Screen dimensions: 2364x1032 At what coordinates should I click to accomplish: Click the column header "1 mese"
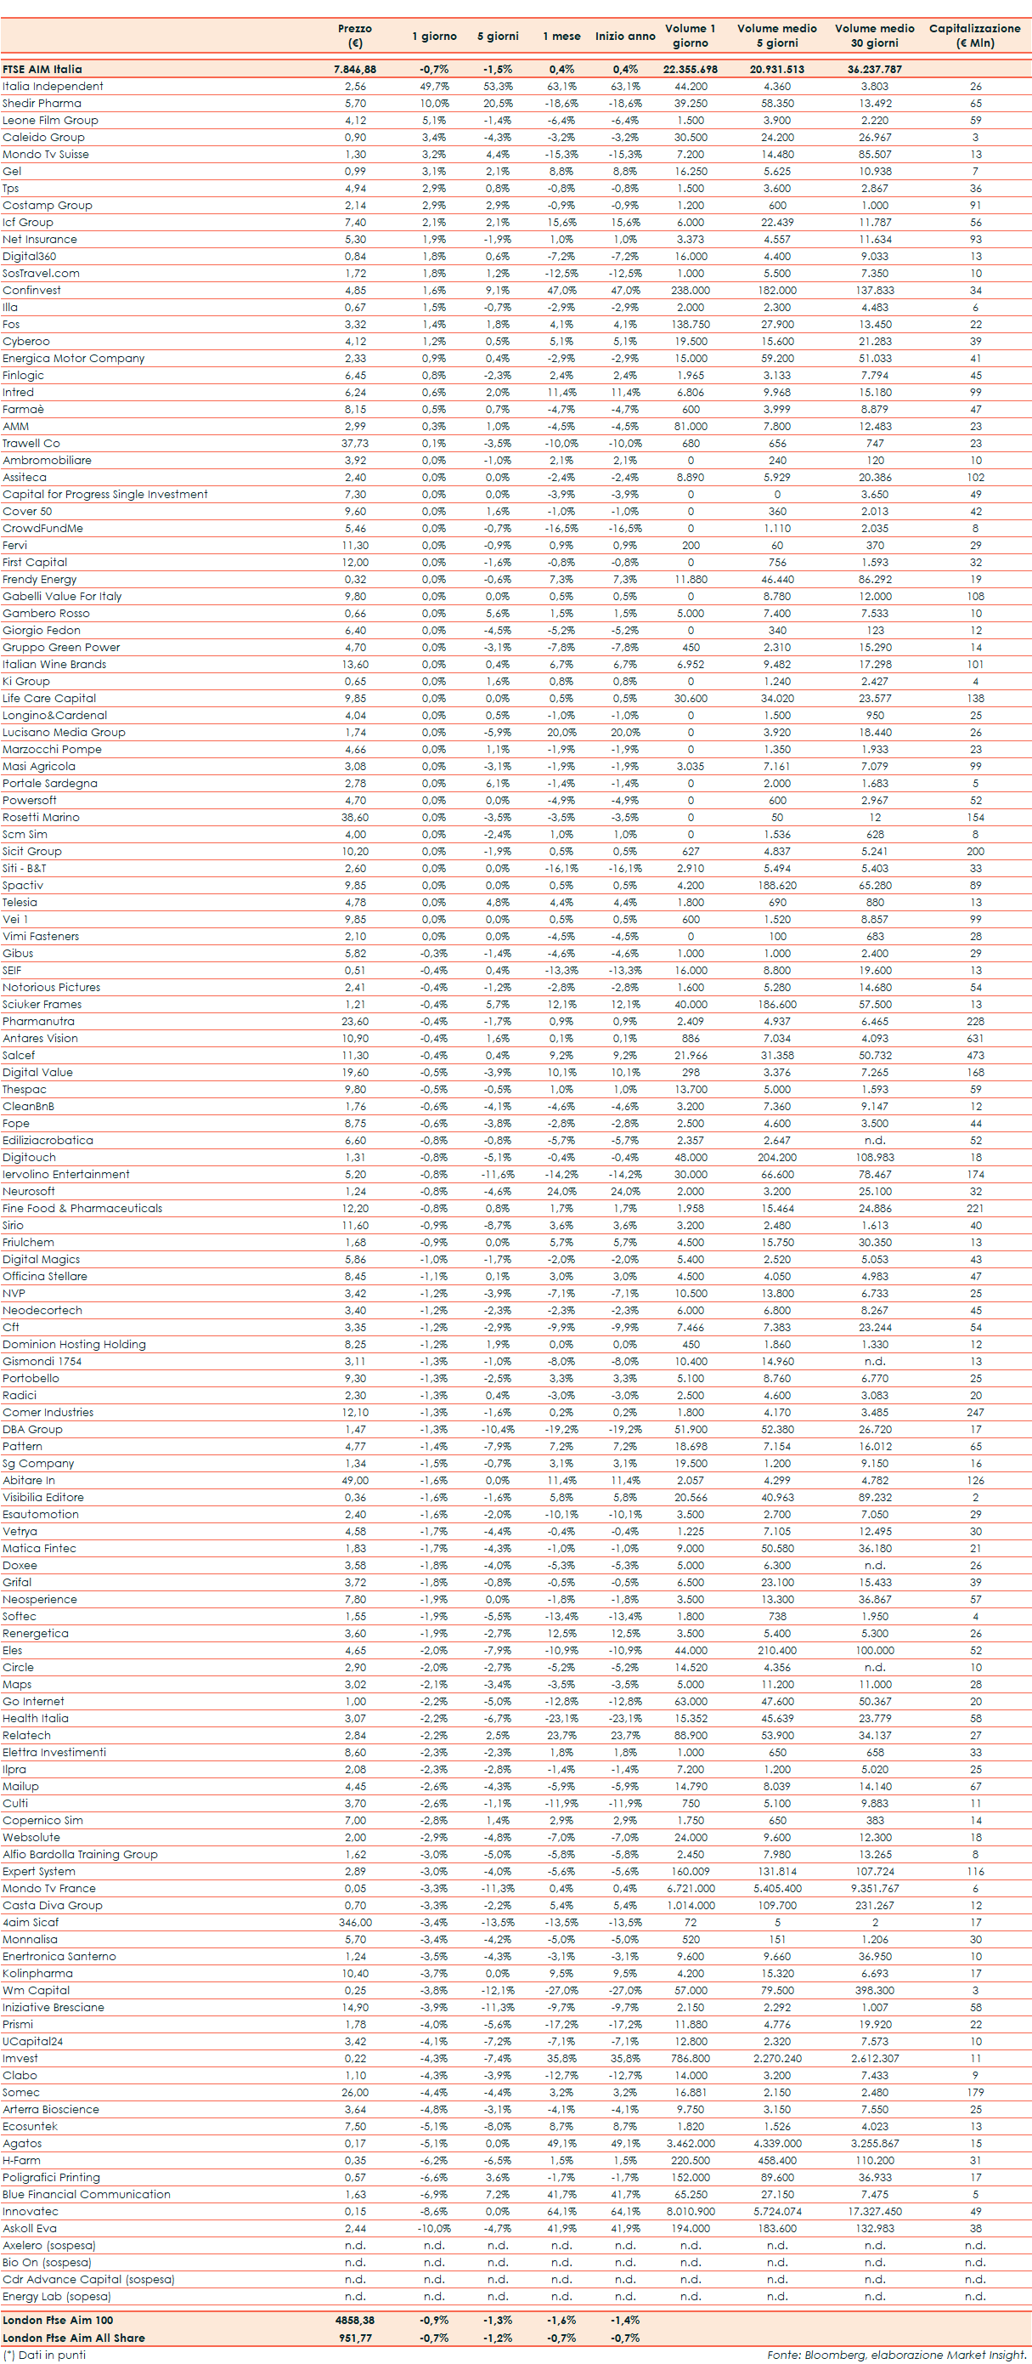click(561, 36)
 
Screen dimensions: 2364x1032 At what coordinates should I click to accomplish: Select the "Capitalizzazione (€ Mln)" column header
click(974, 36)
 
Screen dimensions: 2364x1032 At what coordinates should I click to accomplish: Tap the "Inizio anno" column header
click(624, 36)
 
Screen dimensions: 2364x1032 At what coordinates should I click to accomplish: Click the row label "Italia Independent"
click(53, 86)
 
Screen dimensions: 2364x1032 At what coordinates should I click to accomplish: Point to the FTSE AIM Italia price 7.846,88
click(355, 69)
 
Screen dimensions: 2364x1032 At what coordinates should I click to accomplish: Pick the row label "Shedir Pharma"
click(42, 104)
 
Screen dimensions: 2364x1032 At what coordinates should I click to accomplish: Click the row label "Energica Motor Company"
click(73, 359)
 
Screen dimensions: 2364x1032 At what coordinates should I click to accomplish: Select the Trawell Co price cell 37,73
click(355, 443)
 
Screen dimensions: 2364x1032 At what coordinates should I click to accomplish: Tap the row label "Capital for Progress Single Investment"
click(104, 495)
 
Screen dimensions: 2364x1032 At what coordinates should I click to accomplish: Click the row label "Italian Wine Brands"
click(54, 665)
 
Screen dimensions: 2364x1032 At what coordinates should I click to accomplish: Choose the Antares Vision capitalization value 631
click(975, 1038)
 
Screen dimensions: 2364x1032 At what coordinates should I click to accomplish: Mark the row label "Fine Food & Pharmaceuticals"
click(82, 1209)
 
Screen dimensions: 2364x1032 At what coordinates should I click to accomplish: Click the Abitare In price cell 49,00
click(355, 1480)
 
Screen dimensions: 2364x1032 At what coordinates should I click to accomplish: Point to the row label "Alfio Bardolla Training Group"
click(80, 1855)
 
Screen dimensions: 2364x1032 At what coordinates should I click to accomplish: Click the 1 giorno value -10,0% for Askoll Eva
click(434, 2228)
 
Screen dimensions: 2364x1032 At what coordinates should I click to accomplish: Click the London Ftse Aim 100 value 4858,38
click(355, 2320)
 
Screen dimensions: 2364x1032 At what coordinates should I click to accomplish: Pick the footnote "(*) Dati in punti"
click(45, 2355)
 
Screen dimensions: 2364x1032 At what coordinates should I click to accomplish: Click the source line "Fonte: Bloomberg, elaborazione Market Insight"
click(896, 2355)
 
